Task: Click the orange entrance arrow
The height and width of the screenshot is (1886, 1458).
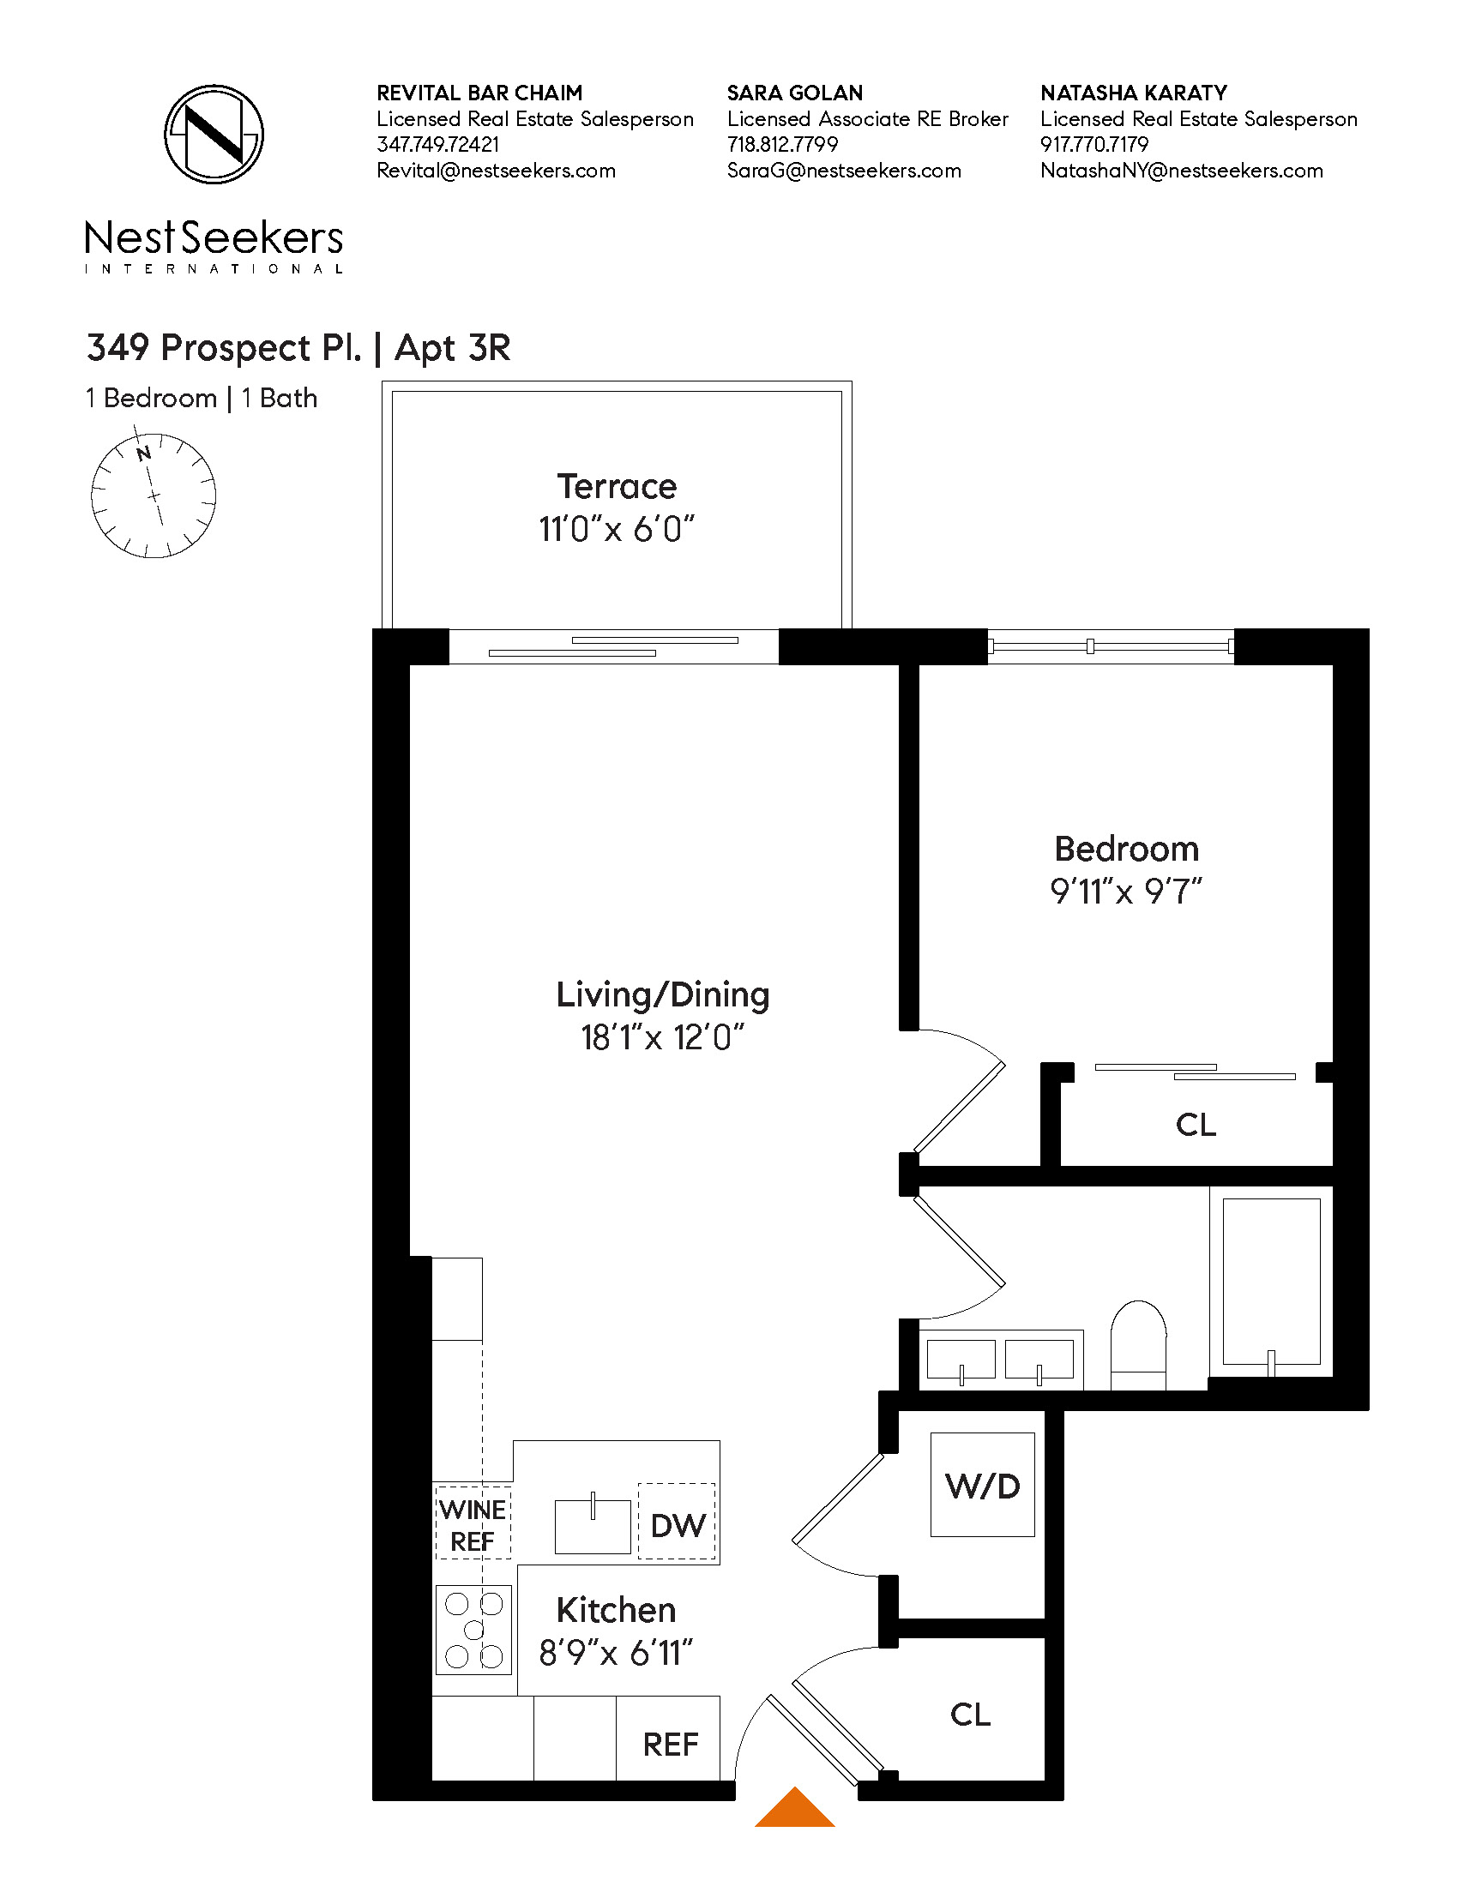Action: pos(795,1809)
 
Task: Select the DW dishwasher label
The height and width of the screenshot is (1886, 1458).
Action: pos(678,1525)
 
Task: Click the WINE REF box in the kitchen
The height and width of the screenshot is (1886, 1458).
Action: pos(473,1525)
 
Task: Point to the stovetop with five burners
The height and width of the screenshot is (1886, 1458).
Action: pos(473,1630)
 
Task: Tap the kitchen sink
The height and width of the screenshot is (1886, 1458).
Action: pos(593,1526)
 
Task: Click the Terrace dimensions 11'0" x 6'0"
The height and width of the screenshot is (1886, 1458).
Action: pos(617,529)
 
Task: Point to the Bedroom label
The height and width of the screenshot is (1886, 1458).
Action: pos(1126,849)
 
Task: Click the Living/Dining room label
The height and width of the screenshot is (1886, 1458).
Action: pos(662,994)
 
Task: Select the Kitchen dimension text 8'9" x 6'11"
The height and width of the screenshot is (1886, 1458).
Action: pos(616,1653)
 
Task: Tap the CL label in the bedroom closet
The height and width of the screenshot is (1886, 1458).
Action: pos(1196,1126)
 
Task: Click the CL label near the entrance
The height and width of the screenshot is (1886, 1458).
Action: pos(970,1715)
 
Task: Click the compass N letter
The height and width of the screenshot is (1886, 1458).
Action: pos(144,453)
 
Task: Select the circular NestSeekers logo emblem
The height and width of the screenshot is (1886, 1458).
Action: pos(214,134)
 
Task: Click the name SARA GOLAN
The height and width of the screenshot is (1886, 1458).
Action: pos(795,93)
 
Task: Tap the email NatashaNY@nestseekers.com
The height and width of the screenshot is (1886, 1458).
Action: pos(1181,170)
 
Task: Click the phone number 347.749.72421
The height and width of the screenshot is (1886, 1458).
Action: pos(438,144)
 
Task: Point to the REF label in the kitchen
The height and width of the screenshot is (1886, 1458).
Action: pos(671,1745)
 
